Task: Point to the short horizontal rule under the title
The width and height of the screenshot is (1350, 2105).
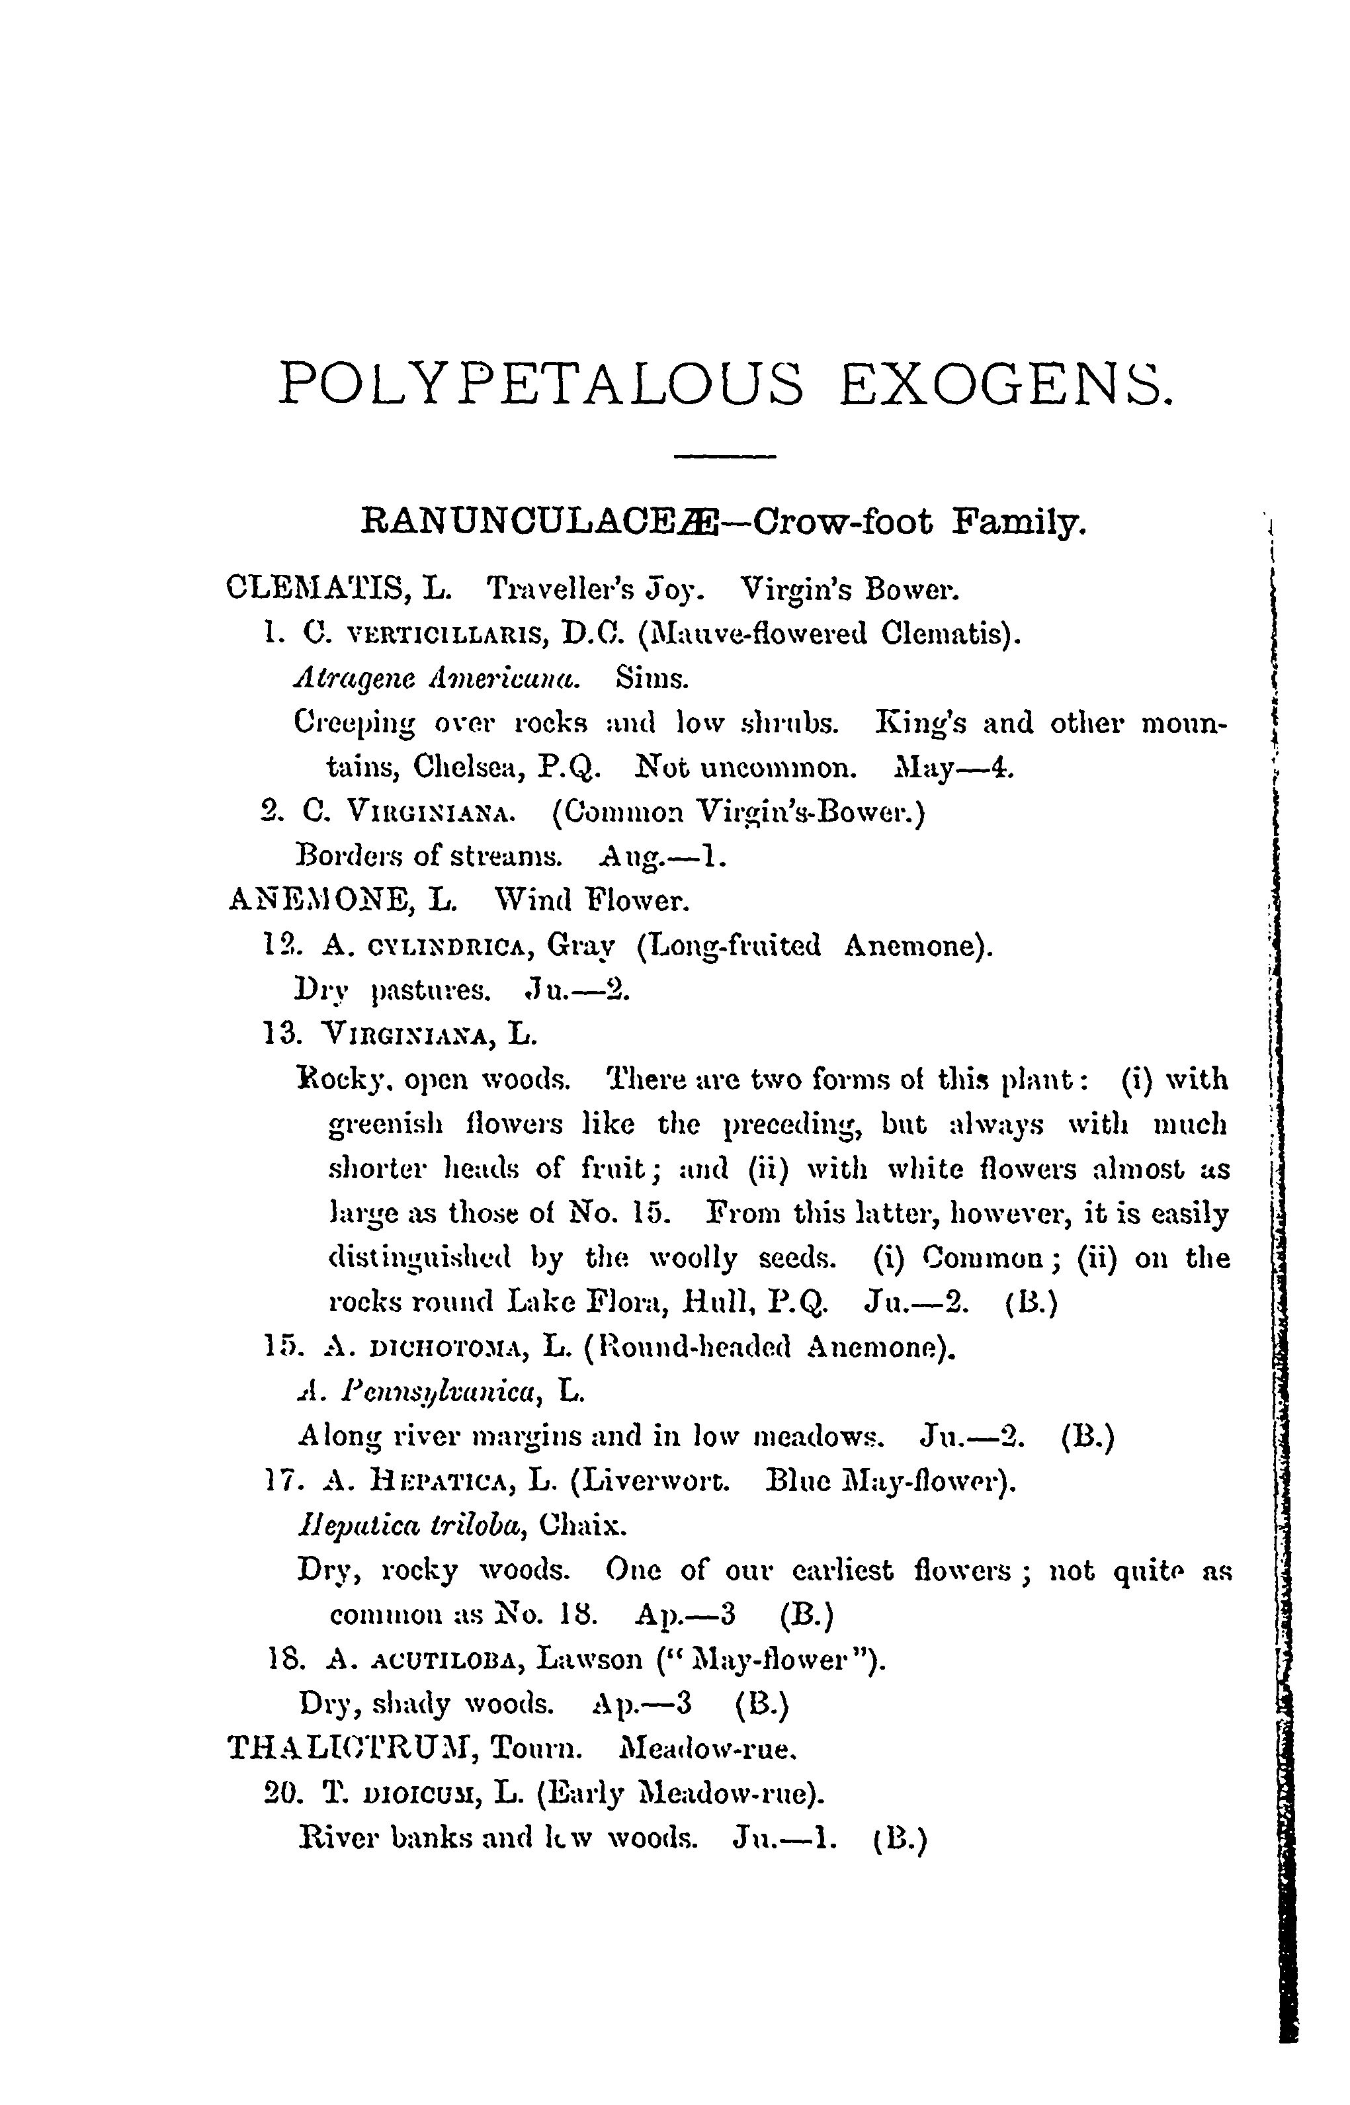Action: tap(725, 456)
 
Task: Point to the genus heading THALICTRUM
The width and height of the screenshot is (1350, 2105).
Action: tap(350, 1749)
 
